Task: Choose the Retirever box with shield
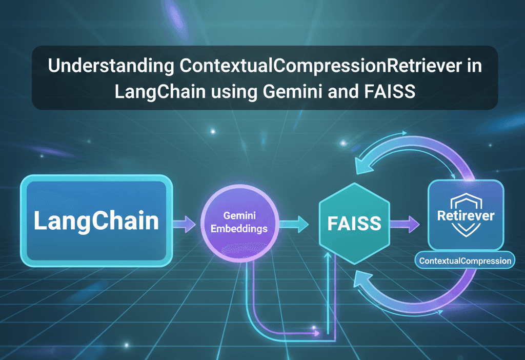pos(466,215)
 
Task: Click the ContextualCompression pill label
pos(465,261)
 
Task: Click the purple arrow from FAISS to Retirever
pos(406,223)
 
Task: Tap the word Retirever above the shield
pos(466,215)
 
